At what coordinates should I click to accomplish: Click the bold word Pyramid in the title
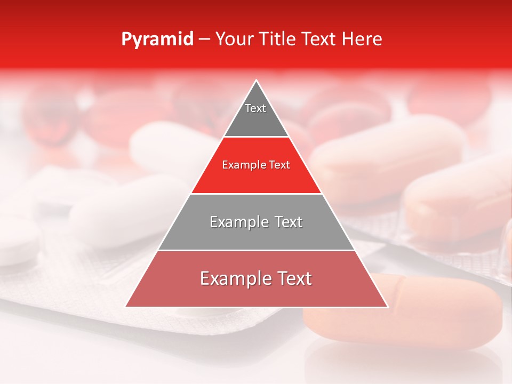tap(157, 39)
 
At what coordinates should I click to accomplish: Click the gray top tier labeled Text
tap(255, 115)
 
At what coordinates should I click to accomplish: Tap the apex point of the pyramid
tap(257, 81)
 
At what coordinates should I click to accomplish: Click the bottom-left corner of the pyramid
tap(126, 306)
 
